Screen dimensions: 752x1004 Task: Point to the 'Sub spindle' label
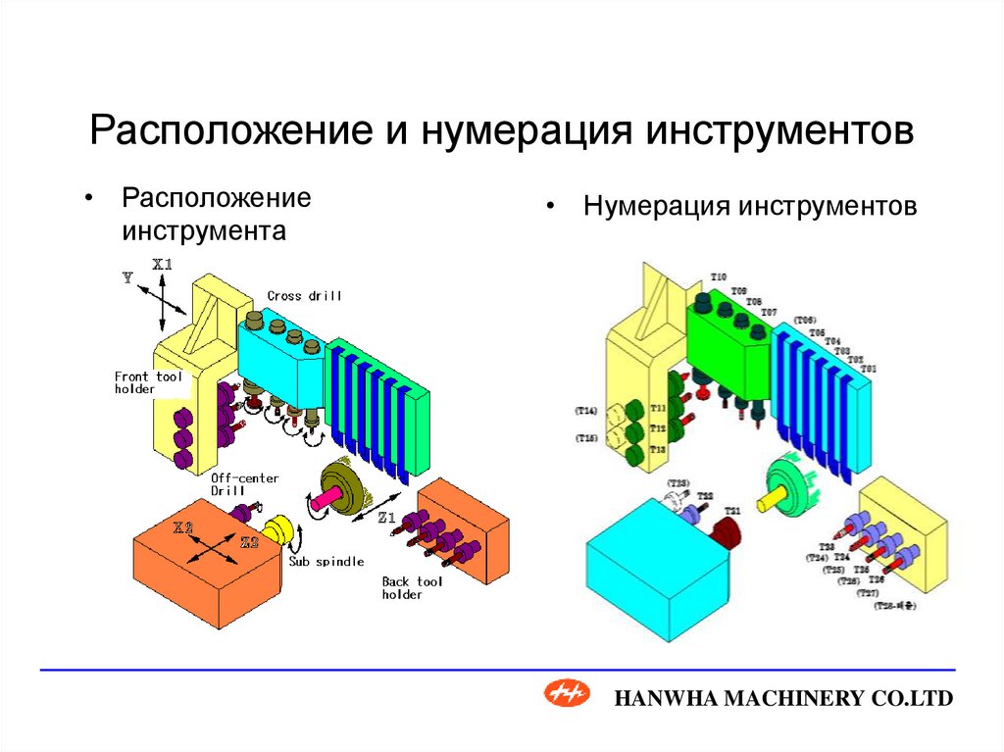[x=326, y=562]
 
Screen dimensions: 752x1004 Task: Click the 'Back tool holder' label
[x=412, y=587]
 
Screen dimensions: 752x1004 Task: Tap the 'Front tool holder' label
[x=149, y=382]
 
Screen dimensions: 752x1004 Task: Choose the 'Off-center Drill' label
[x=244, y=484]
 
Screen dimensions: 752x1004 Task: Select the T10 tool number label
[x=719, y=277]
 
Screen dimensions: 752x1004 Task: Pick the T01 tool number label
[x=869, y=368]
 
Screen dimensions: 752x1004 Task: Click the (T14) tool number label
[x=587, y=411]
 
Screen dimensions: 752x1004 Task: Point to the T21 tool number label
[x=731, y=511]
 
